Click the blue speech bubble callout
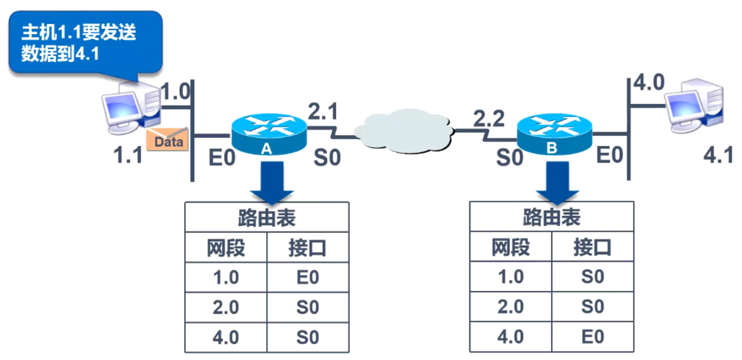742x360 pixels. (85, 42)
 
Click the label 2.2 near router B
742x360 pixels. (489, 119)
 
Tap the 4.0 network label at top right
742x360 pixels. (649, 83)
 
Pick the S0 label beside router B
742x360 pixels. (510, 158)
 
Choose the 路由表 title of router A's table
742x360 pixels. (266, 218)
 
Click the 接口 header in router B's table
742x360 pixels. (592, 248)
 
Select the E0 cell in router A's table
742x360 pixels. (307, 278)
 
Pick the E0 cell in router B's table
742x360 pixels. (592, 337)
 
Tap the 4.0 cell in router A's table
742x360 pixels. (226, 337)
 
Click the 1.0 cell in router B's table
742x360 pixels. (510, 278)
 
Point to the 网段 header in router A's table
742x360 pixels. (226, 248)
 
